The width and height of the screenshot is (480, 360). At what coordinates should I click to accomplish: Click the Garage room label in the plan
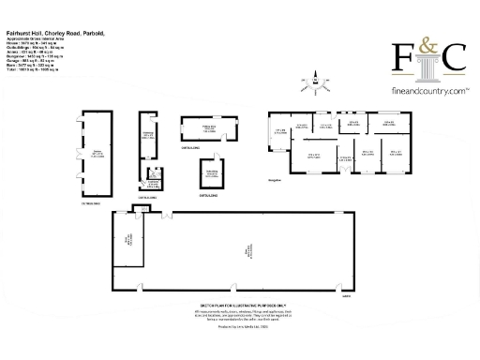[x=97, y=153]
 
